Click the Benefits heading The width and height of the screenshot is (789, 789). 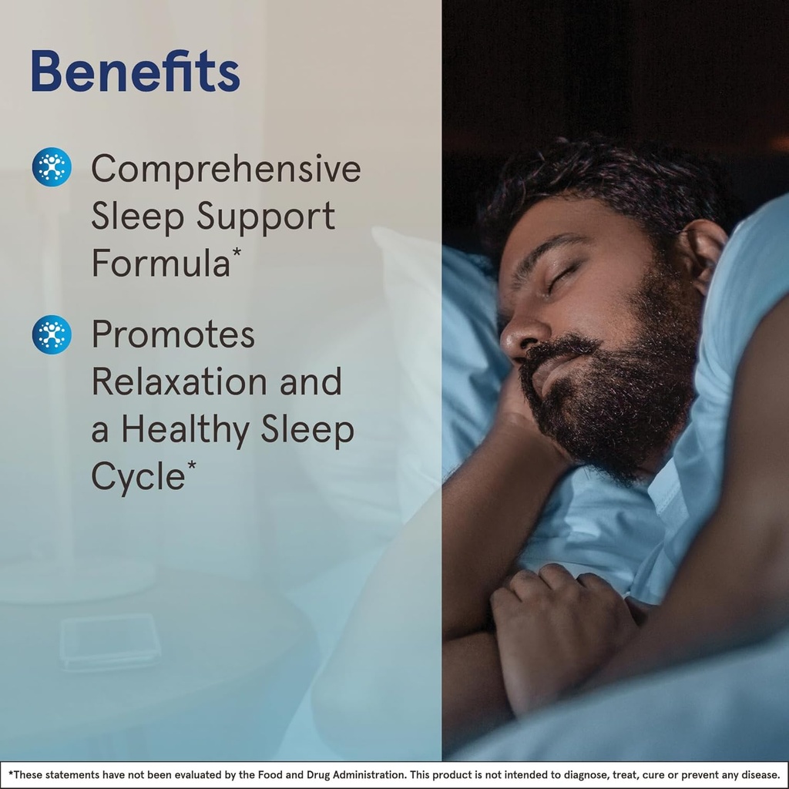(x=136, y=72)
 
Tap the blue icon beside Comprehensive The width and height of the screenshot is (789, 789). (x=52, y=166)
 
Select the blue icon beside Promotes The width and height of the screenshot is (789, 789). (x=52, y=334)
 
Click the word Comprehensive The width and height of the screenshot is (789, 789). (x=226, y=170)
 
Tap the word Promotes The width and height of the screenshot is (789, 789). (x=173, y=334)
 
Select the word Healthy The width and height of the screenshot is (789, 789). (x=183, y=430)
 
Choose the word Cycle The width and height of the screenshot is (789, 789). (x=138, y=477)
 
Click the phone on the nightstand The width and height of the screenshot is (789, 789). (x=110, y=640)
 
